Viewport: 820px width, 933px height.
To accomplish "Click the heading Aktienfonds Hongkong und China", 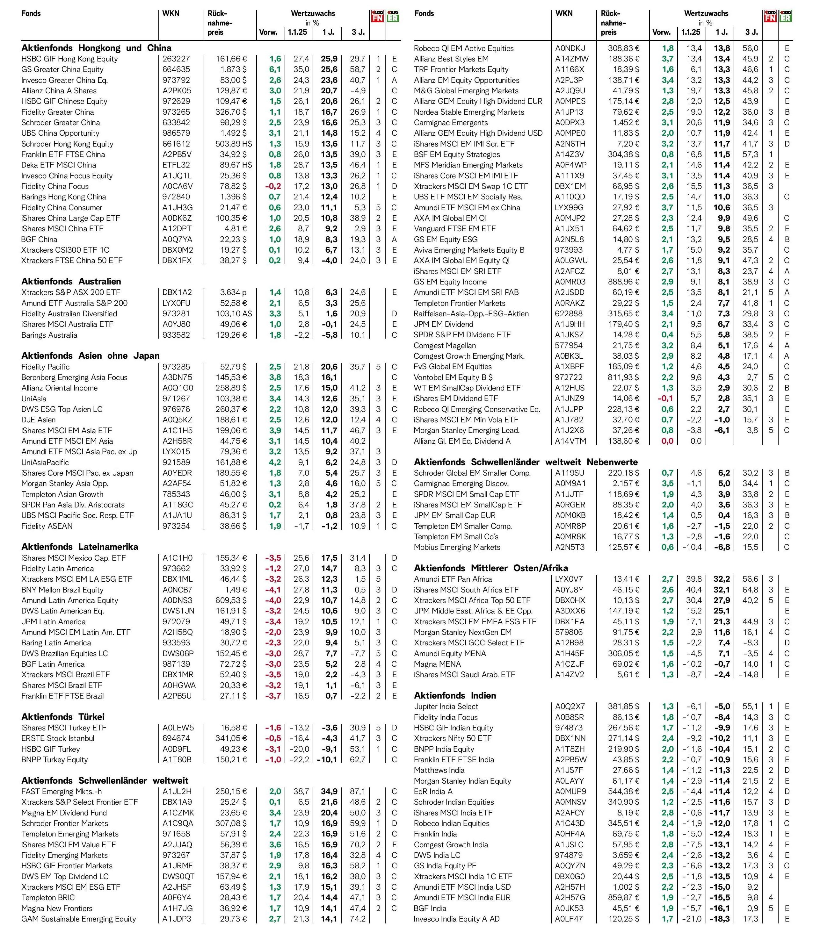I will (96, 48).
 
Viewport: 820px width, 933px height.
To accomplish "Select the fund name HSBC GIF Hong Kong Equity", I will (69, 59).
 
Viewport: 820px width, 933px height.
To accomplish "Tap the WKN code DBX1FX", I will (177, 261).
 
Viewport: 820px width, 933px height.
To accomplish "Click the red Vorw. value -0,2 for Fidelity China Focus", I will (273, 186).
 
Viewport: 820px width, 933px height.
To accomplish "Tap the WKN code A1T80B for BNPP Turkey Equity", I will (177, 759).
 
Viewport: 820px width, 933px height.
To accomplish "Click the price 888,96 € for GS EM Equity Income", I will (624, 282).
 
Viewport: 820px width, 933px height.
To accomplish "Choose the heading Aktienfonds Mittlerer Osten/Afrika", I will (491, 568).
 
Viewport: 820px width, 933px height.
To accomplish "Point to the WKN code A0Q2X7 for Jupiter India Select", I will (570, 707).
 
